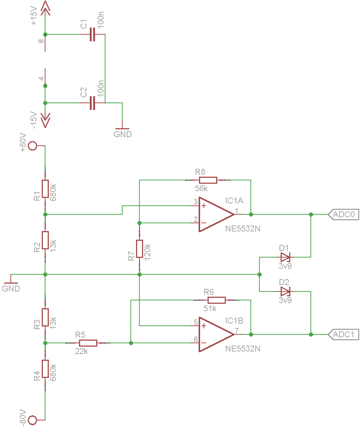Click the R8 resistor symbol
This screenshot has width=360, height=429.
point(208,180)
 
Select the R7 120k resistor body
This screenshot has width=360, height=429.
point(139,249)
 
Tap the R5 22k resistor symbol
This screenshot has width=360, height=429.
point(88,343)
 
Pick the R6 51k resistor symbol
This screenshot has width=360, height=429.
point(217,300)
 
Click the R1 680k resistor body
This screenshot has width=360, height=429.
point(45,189)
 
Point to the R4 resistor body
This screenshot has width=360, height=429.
point(45,369)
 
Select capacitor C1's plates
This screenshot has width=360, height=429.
point(92,34)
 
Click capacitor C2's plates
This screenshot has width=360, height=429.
point(92,103)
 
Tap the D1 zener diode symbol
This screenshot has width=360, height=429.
point(285,257)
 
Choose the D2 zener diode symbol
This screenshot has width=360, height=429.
point(285,291)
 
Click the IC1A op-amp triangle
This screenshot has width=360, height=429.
point(217,215)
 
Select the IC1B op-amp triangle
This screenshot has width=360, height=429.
point(217,334)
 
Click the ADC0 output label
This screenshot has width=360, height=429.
point(343,215)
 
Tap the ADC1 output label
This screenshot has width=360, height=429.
point(343,334)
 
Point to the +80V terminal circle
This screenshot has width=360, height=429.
point(32,146)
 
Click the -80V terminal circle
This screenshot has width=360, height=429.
point(32,420)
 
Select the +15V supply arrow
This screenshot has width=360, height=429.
point(45,8)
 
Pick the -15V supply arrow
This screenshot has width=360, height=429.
point(45,120)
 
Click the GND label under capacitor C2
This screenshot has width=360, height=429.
point(123,134)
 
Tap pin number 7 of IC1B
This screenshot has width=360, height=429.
point(237,331)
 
